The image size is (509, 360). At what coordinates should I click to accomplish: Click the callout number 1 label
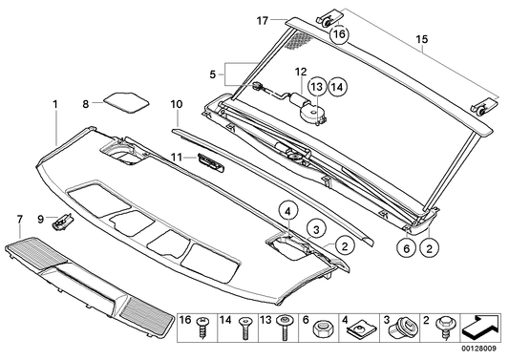[x=55, y=101]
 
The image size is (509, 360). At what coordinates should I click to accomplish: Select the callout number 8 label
[x=85, y=101]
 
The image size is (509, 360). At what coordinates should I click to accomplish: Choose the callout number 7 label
[x=20, y=220]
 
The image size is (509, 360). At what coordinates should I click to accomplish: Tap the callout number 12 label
[x=299, y=72]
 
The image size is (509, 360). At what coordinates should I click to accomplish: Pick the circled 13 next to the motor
[x=315, y=87]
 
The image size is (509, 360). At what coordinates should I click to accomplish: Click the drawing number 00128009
[x=482, y=352]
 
